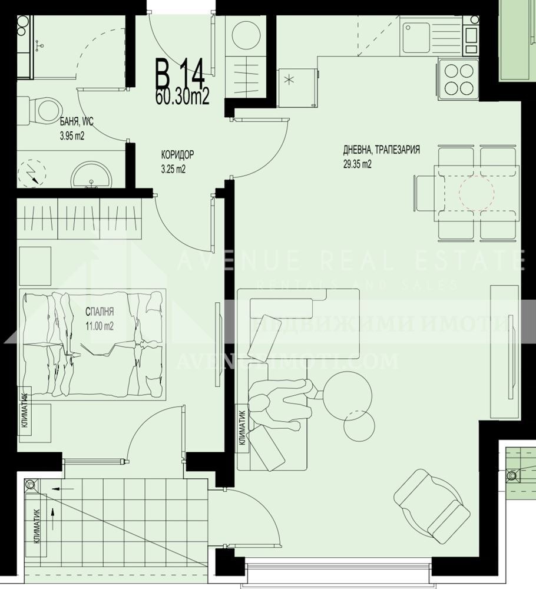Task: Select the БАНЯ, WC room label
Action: pyautogui.click(x=77, y=122)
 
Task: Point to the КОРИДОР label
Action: pyautogui.click(x=177, y=156)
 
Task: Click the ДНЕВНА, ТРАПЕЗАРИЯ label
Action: pyautogui.click(x=381, y=150)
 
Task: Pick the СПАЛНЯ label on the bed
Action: pyautogui.click(x=99, y=313)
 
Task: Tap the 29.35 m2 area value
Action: pyautogui.click(x=358, y=165)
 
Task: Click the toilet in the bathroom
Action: pyautogui.click(x=41, y=109)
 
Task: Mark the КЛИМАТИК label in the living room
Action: pyautogui.click(x=242, y=427)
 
